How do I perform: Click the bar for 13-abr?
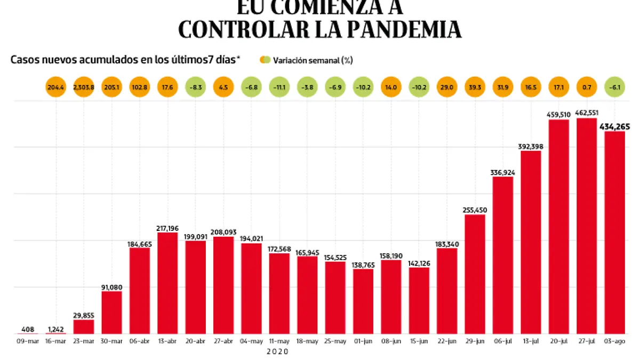coord(167,283)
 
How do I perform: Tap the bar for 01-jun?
coord(363,301)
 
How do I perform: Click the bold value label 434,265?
coord(615,126)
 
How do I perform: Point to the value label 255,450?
coord(475,210)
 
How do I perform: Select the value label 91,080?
coord(111,287)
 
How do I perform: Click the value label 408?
coord(28,329)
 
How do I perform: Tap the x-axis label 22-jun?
coord(447,341)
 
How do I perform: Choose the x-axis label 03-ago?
coord(615,341)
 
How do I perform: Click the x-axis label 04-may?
coord(251,341)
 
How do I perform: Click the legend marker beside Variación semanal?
coord(265,60)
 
